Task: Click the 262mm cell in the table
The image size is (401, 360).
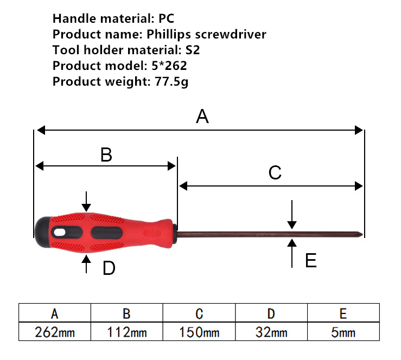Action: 55,332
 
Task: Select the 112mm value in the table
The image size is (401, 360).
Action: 127,332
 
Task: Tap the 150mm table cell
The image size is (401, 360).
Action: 199,332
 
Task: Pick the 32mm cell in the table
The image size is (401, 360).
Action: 271,332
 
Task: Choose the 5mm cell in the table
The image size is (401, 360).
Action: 343,332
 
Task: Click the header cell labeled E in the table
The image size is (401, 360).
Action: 343,313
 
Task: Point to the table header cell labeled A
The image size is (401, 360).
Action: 55,313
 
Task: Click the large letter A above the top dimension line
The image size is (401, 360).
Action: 202,117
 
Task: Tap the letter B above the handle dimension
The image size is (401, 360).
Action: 106,155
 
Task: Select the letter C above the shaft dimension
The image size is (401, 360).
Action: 275,173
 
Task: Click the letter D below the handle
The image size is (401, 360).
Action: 109,268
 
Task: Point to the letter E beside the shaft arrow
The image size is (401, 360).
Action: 311,260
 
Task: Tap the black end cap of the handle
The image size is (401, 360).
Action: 43,232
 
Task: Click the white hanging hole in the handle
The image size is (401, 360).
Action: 60,233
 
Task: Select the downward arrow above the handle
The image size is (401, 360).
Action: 86,201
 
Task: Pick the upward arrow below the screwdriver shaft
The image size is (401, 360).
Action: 292,253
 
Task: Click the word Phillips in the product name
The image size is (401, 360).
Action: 169,34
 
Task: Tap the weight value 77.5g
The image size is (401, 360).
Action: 171,82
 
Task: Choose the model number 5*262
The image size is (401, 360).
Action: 169,66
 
